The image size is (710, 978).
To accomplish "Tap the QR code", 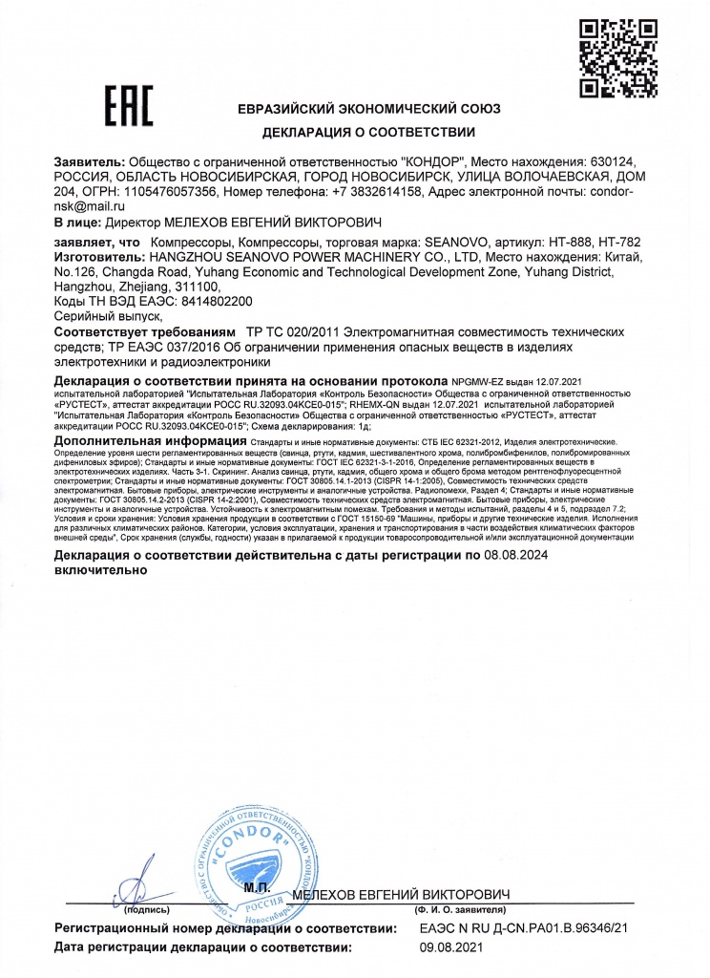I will click(x=615, y=57).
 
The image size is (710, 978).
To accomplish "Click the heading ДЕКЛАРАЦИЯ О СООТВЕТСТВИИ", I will click(x=368, y=131).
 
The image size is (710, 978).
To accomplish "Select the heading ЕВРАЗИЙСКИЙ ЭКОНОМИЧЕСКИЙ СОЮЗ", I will click(x=368, y=109).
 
